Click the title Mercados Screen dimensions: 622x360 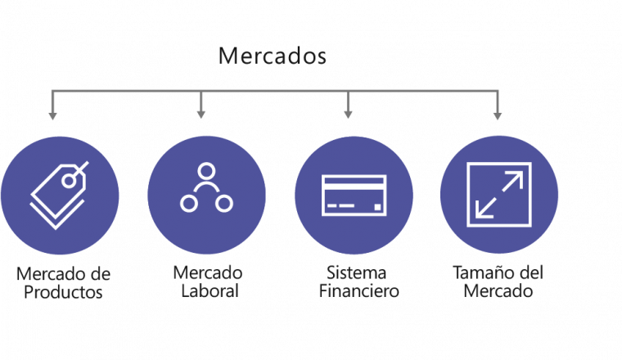coord(272,56)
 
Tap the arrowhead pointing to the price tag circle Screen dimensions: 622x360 coord(52,115)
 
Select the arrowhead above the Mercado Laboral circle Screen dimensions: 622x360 coord(201,115)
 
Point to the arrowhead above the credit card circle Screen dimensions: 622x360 coord(348,115)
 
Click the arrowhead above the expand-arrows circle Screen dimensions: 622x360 coord(498,115)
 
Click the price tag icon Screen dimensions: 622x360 coord(59,195)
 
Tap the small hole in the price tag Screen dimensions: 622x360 coord(69,181)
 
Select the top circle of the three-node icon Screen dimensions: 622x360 coord(206,171)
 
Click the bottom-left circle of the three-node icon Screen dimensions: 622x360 coord(189,204)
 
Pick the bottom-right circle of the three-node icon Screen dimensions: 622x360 coord(224,204)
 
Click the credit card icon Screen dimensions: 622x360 coord(354,195)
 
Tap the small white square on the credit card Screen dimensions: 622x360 coord(377,206)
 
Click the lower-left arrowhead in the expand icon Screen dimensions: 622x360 coord(483,210)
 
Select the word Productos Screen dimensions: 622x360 coord(63,292)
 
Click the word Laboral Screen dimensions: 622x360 coord(210,291)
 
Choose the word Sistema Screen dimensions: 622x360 coord(356,272)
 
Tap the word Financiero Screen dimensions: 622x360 coord(358,291)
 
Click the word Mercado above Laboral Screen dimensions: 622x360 coord(208,272)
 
